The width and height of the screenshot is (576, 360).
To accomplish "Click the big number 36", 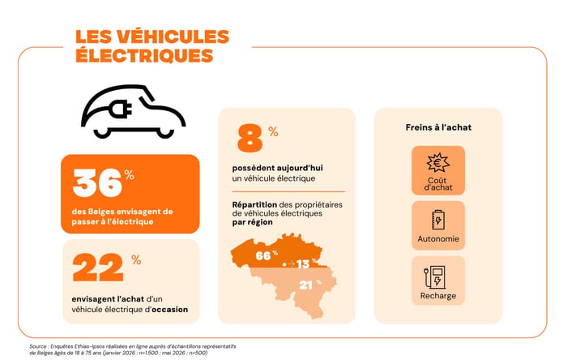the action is click(97, 182).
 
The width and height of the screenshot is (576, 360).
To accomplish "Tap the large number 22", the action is click(98, 268).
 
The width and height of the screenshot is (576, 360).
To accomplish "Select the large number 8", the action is click(250, 138).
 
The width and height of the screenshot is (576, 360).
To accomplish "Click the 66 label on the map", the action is click(263, 255).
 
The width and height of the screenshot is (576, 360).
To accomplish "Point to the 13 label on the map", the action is click(303, 264).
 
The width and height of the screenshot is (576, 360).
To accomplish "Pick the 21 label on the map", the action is click(305, 285).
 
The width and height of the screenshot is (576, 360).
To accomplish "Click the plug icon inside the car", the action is click(120, 109).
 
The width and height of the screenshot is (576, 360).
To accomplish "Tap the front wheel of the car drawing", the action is click(165, 132).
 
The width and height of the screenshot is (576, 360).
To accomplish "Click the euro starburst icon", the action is click(438, 163).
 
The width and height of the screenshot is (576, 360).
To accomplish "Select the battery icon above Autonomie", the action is click(438, 220).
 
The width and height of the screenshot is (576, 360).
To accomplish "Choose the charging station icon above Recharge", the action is click(435, 277).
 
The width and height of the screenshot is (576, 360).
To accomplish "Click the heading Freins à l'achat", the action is click(438, 127).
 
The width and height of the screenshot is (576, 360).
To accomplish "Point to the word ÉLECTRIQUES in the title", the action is click(144, 55).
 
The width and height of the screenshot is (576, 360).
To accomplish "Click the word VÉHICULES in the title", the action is click(173, 36).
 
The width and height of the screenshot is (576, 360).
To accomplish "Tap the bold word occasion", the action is click(169, 310).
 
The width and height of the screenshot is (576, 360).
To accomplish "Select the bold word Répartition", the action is click(254, 205).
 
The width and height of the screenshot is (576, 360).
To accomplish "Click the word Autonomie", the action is click(438, 239).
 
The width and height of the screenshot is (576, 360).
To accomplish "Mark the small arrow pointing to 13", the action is click(291, 264).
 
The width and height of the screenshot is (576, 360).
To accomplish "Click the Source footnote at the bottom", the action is click(133, 349).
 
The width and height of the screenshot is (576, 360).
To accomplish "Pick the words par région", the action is click(253, 222).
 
